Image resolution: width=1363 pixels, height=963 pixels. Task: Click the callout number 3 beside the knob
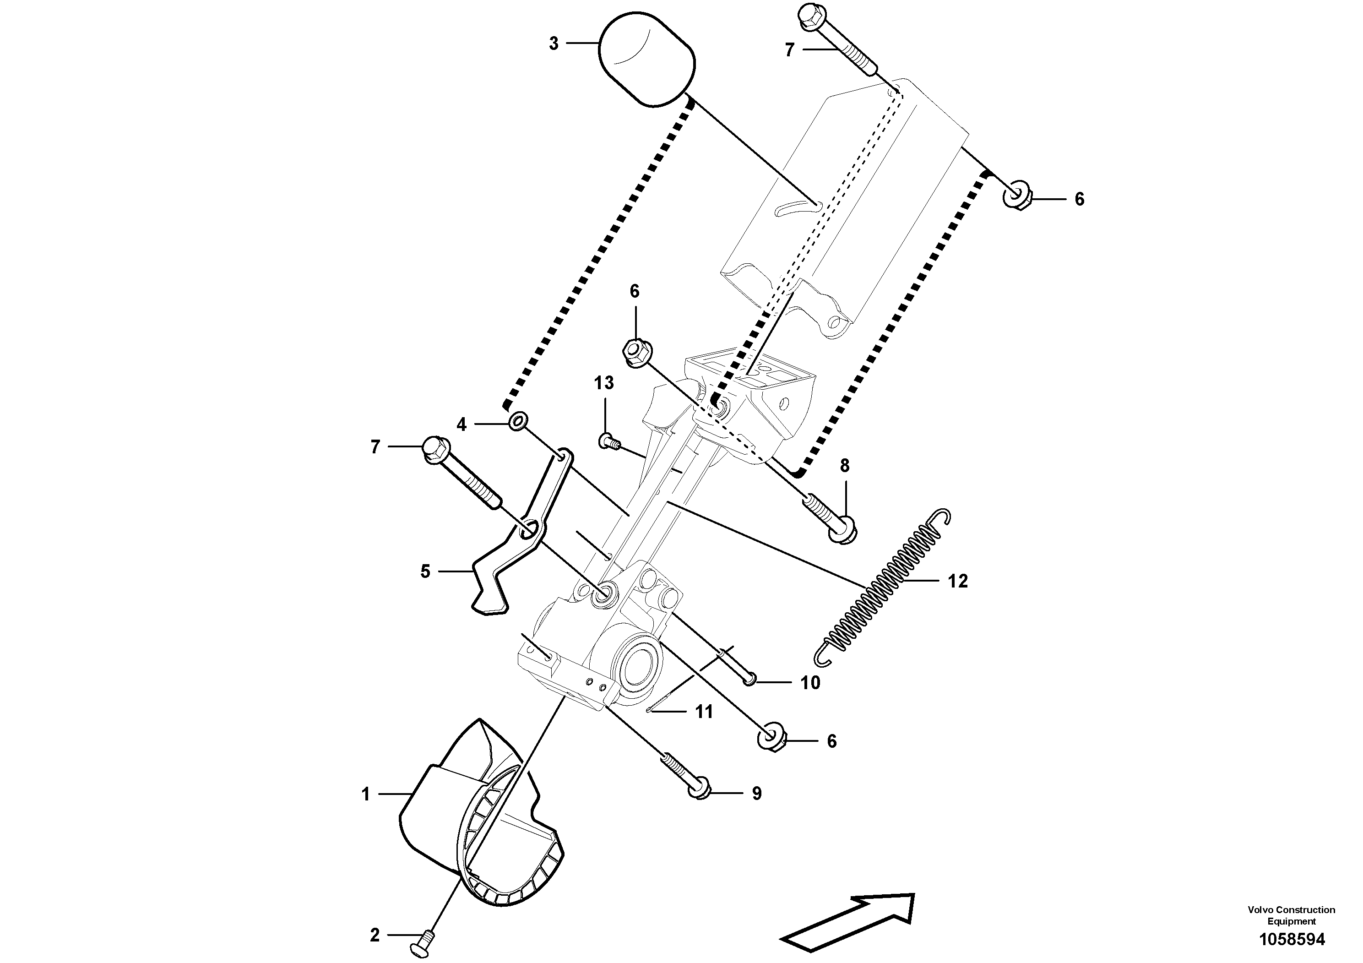[x=553, y=44]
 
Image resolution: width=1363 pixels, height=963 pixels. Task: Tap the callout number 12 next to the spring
[x=957, y=581]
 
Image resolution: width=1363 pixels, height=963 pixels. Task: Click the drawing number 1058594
[x=1292, y=940]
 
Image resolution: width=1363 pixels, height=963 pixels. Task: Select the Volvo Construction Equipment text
[x=1292, y=915]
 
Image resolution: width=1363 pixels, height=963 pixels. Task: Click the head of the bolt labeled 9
[x=698, y=791]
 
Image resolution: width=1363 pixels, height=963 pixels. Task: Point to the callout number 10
[x=810, y=683]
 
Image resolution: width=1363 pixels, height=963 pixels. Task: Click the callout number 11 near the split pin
[x=704, y=711]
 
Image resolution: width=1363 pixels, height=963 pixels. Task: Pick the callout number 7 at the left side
[x=375, y=446]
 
